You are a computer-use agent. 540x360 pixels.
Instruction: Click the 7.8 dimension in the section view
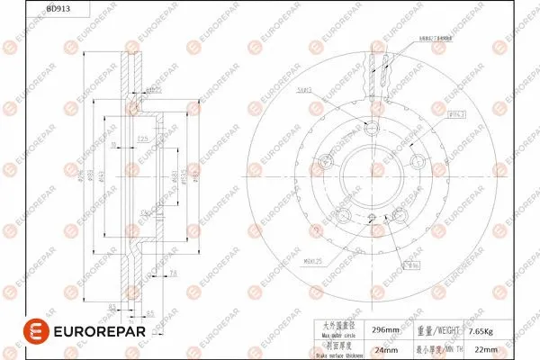click(174, 272)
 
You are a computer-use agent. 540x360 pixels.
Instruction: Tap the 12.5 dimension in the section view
click(142, 138)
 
